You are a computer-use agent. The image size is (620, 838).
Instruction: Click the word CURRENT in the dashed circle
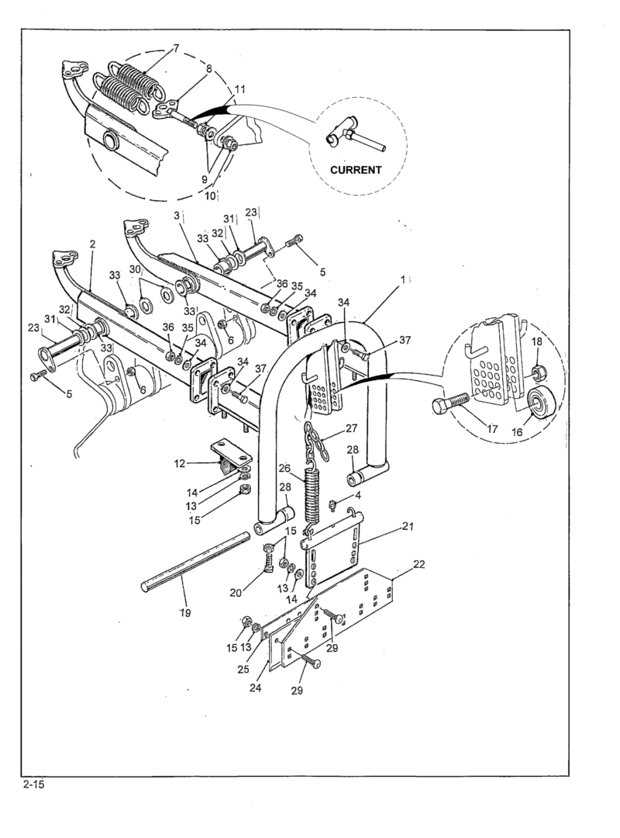coord(356,170)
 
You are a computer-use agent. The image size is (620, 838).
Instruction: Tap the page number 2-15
coord(33,785)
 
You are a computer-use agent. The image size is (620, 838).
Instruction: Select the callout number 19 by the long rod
coord(184,612)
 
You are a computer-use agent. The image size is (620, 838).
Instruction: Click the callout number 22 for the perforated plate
coord(419,564)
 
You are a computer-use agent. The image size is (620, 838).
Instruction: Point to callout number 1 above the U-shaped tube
coord(403,279)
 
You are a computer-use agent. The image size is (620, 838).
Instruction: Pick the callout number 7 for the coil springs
coord(176,49)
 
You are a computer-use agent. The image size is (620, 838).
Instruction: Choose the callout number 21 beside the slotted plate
coord(408,526)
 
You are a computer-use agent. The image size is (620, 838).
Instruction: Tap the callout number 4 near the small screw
coord(358,495)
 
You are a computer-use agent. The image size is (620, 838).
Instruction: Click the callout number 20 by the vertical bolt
coord(236,592)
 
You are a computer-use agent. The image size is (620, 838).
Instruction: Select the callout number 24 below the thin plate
coord(255,687)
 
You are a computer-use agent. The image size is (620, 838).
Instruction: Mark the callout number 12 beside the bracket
coord(180,463)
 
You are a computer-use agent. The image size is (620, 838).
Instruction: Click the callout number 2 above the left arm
coord(92,244)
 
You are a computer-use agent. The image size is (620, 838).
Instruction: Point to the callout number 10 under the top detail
coord(210,196)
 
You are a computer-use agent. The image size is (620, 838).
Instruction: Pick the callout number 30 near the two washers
coord(135,270)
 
